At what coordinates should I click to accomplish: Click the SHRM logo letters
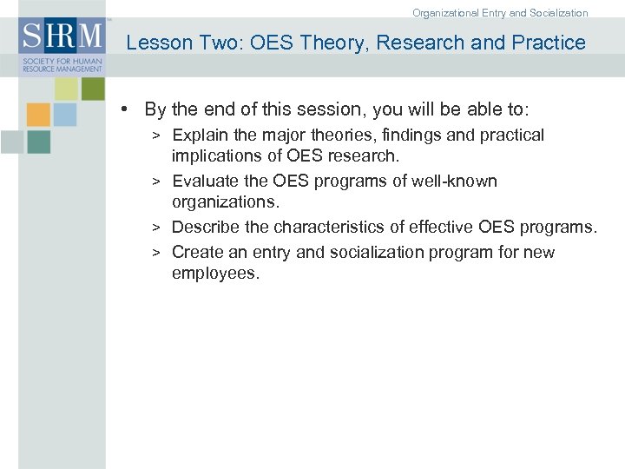62,37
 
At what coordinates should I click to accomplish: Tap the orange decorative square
38,115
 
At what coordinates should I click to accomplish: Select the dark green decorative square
92,88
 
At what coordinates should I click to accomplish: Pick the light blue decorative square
65,115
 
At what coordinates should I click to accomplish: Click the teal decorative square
38,142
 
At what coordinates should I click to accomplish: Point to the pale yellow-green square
66,88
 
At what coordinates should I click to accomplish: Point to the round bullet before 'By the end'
126,109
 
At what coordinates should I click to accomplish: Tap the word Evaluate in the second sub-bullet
206,182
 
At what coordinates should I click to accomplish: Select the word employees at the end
215,274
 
